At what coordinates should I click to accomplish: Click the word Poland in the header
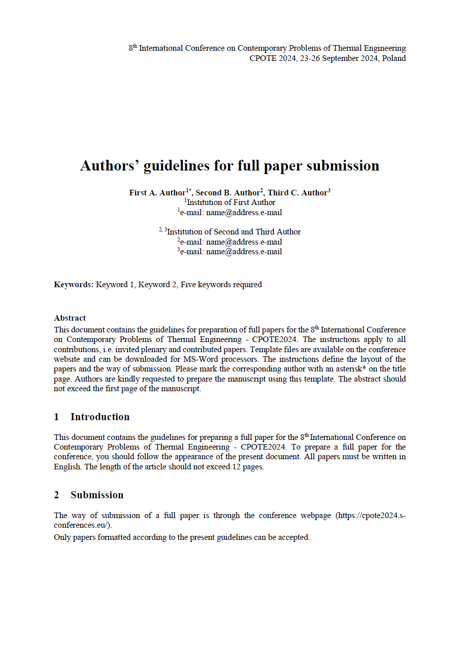click(394, 58)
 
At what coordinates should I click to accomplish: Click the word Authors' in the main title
click(110, 166)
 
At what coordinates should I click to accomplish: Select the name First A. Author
click(157, 193)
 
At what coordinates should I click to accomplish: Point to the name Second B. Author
click(228, 193)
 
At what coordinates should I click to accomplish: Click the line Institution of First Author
click(231, 202)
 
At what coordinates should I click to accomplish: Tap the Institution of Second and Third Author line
click(234, 232)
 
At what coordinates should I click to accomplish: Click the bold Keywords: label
click(74, 285)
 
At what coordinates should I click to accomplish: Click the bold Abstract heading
click(70, 318)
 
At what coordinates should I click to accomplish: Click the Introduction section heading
click(100, 417)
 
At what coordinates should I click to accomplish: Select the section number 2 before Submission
click(56, 495)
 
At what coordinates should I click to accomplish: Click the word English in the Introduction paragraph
click(68, 467)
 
